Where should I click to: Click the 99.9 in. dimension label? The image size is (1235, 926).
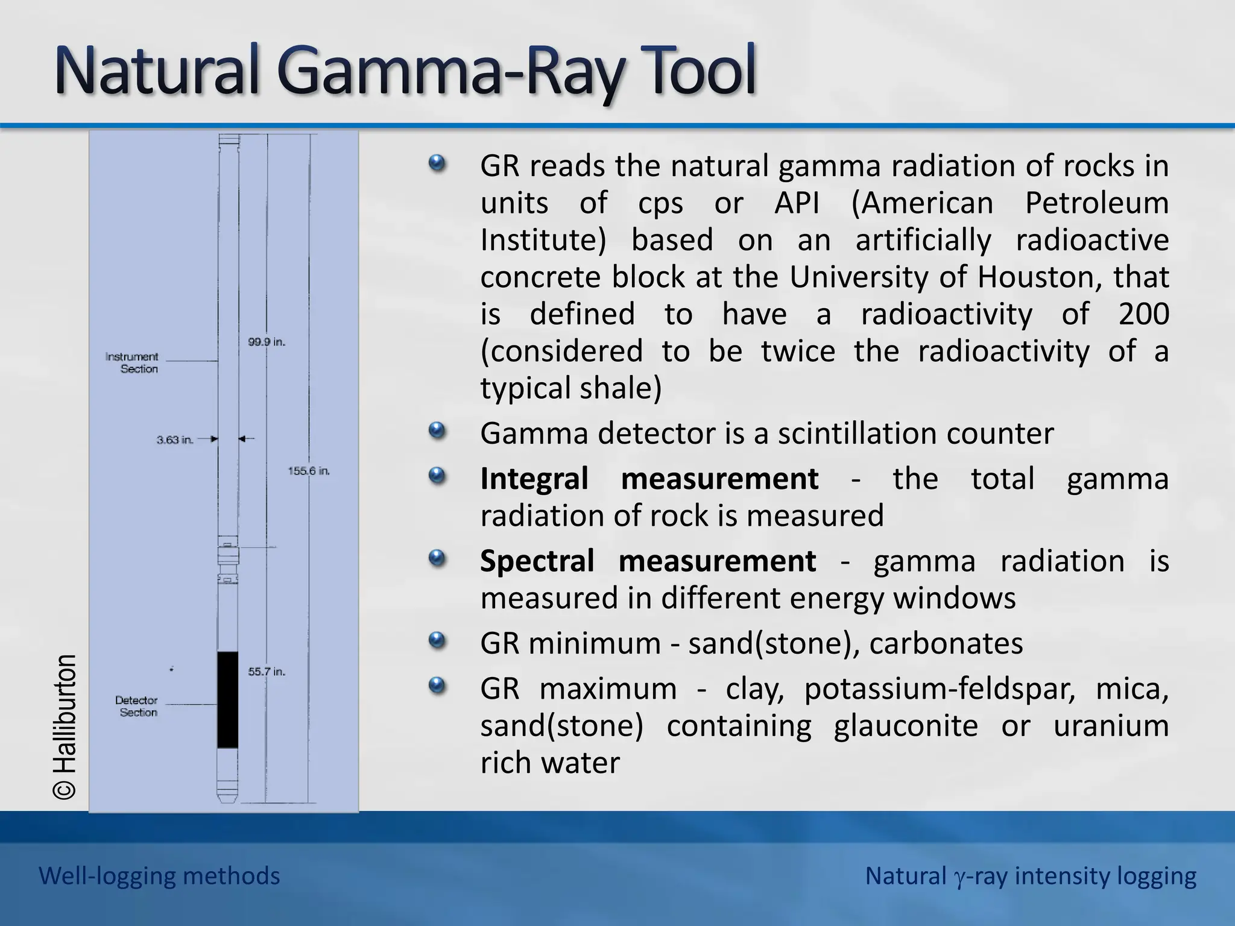point(267,342)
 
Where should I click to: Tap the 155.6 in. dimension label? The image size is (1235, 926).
point(309,471)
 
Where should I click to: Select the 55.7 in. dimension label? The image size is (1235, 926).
point(267,672)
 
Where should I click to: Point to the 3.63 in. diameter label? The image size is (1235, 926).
point(175,440)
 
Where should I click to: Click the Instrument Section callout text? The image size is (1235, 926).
point(132,363)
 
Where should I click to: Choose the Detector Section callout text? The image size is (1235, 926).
point(137,707)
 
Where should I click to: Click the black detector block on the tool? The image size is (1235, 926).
point(227,699)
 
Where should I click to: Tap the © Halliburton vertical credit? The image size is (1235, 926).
point(65,727)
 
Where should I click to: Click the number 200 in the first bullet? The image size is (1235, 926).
point(1143,314)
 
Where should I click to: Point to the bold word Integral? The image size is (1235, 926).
point(534,479)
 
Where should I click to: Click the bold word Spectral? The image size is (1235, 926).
point(537,561)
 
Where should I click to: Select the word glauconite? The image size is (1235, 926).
point(906,726)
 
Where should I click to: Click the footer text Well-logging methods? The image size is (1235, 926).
point(159,876)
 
